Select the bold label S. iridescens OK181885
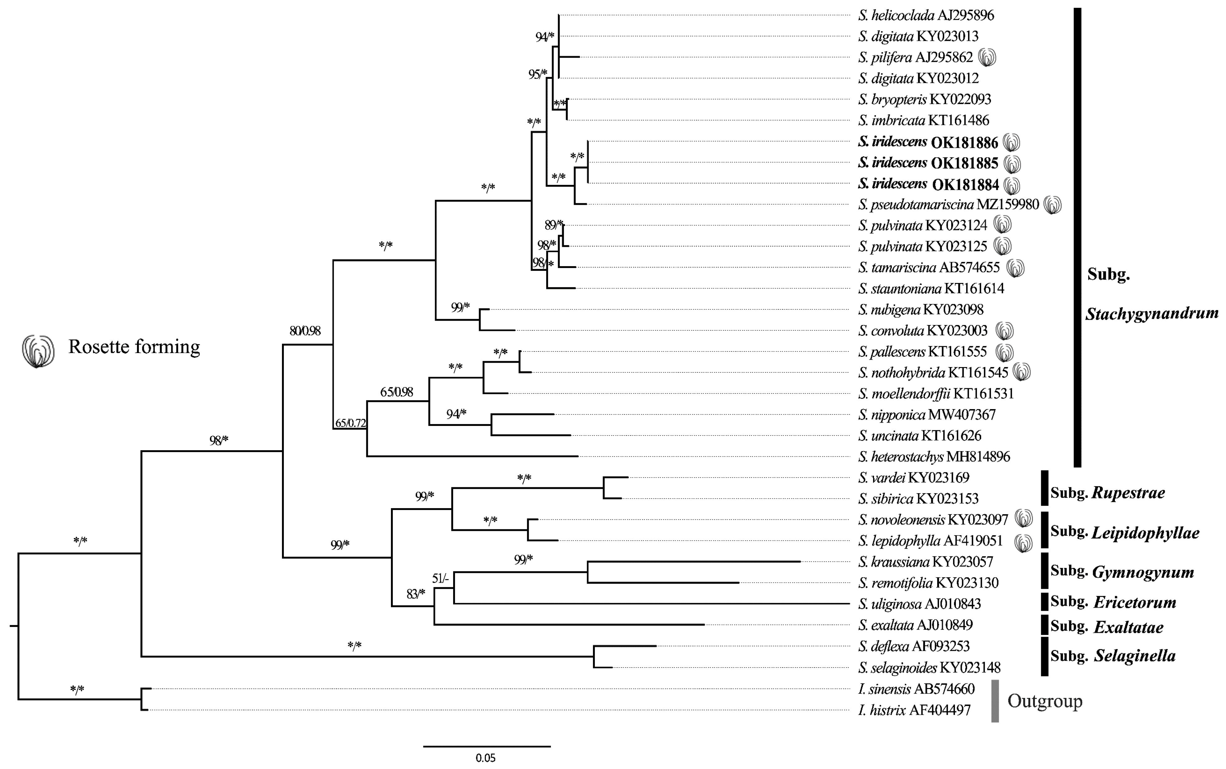tap(928, 163)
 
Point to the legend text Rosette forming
tap(134, 347)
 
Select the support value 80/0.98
tap(305, 331)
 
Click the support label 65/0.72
tap(350, 423)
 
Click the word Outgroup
tap(1045, 701)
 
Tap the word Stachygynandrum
tap(1152, 313)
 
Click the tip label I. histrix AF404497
tap(914, 710)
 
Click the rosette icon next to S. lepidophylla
tap(1023, 543)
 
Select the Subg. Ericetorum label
tap(1113, 602)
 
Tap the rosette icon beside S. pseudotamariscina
tap(1052, 205)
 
